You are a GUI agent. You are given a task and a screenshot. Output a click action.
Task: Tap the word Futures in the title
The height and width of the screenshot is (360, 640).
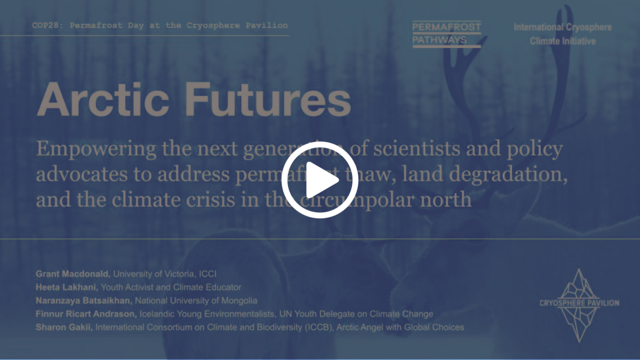point(268,99)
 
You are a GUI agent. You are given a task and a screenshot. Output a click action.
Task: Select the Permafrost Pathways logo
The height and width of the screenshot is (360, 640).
point(446,34)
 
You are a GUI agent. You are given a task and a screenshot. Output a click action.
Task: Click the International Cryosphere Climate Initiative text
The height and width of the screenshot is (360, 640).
point(562,34)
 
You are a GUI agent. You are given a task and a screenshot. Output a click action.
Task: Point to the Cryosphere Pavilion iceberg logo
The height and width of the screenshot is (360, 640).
point(579,304)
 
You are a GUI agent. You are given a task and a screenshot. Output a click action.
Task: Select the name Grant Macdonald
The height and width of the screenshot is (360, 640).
point(73,274)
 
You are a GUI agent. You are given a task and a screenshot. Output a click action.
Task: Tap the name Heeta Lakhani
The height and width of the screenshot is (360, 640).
point(66,287)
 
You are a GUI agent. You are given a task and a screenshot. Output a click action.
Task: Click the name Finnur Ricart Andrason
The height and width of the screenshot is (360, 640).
point(86,314)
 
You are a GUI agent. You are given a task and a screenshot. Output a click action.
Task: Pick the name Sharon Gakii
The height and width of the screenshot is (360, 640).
point(63,328)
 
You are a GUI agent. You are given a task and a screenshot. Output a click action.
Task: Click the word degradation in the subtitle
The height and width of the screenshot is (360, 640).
point(522,174)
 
